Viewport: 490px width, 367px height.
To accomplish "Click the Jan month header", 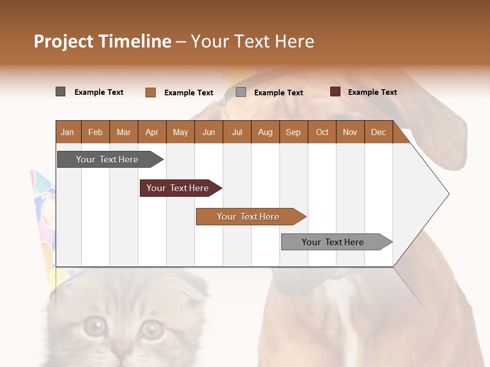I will pos(67,132).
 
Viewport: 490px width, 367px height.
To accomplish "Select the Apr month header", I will pos(152,132).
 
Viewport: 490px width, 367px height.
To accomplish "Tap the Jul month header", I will pos(237,132).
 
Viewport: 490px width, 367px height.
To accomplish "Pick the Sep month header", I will pos(293,132).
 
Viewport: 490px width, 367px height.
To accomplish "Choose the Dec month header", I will pos(378,132).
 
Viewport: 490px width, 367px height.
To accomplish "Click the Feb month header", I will pos(95,132).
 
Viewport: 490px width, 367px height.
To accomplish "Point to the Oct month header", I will pos(322,132).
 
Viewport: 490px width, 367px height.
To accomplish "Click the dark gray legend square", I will pos(60,92).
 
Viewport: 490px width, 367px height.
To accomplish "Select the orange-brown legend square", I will pos(151,92).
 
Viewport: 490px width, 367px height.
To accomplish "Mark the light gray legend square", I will pos(241,92).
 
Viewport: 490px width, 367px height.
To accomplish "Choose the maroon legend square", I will pos(335,92).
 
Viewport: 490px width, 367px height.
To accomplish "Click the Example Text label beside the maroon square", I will pos(372,92).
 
